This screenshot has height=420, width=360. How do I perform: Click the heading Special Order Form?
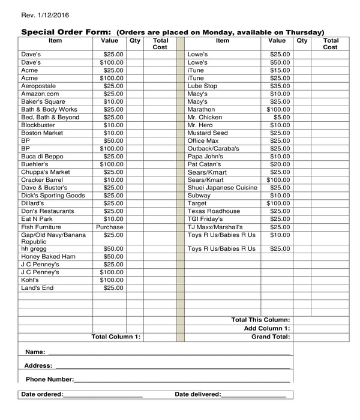point(66,32)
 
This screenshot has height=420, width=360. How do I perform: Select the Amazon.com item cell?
point(40,94)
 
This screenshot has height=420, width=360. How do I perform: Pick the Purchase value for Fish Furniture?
point(110,227)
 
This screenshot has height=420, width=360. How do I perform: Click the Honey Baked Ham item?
point(49,256)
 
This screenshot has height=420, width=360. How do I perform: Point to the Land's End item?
point(37,288)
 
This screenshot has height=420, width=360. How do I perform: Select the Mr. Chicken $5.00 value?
point(280,117)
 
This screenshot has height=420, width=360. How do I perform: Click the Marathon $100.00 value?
point(278,109)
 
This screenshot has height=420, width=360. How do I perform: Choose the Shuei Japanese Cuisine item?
point(222,187)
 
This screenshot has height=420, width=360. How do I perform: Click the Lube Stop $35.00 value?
point(279,86)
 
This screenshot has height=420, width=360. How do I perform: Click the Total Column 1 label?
point(116,337)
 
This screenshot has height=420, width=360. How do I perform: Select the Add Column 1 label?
point(267,328)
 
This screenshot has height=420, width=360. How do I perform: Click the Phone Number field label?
point(50,379)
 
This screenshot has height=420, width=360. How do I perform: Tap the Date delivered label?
point(198,394)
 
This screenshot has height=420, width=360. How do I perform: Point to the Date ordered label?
point(42,394)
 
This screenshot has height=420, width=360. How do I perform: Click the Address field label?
point(38,365)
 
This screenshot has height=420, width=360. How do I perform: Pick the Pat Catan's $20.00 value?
point(279,164)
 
